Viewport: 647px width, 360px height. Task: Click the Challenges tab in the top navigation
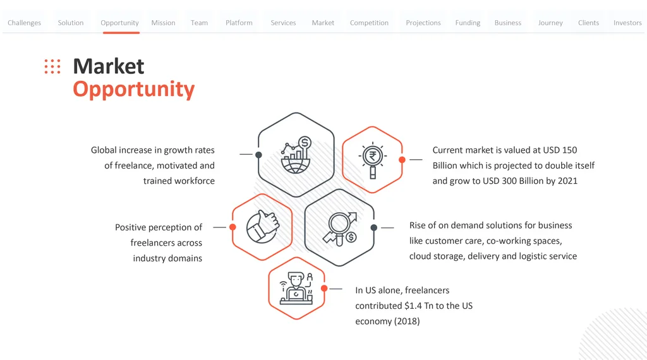click(25, 23)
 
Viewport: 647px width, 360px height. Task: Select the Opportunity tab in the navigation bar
click(119, 23)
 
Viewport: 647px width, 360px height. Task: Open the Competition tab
click(369, 23)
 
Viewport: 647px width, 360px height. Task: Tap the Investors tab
click(627, 23)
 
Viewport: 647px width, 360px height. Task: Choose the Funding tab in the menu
click(468, 23)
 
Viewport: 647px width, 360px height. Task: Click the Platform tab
click(239, 23)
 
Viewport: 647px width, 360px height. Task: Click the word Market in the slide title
click(109, 66)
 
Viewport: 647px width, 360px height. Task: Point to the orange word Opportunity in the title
click(134, 90)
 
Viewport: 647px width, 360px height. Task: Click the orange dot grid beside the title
click(52, 66)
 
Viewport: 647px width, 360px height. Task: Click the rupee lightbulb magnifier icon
click(372, 160)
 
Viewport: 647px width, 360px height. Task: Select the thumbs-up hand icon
click(263, 227)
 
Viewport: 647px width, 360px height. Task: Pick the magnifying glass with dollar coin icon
click(340, 229)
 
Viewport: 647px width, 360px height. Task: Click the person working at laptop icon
click(296, 288)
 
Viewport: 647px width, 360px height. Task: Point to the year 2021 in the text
click(567, 181)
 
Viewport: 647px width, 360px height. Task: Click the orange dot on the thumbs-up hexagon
click(233, 227)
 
